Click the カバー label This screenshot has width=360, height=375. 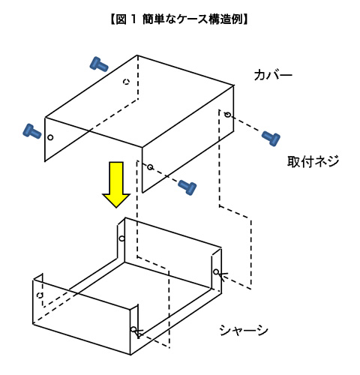(273, 75)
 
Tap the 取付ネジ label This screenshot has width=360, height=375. (313, 161)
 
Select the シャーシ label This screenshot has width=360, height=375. (244, 330)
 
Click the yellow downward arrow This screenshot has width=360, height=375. (116, 184)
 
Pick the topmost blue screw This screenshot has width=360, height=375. (99, 64)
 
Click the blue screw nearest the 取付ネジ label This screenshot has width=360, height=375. (271, 138)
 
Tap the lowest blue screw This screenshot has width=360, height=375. (187, 187)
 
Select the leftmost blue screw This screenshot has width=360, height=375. (32, 131)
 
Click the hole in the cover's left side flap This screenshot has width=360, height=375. (50, 137)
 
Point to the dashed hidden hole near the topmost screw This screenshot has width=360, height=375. (127, 82)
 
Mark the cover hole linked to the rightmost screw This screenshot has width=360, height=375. (227, 115)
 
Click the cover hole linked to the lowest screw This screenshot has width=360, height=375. (150, 166)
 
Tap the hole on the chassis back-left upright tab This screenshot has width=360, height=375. (121, 238)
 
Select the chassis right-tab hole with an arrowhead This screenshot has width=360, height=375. (216, 271)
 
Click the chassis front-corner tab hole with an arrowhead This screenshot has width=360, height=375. (133, 329)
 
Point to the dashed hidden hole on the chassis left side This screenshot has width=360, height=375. (40, 295)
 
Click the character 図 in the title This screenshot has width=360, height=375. (121, 19)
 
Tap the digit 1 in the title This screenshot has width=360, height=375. (133, 19)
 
